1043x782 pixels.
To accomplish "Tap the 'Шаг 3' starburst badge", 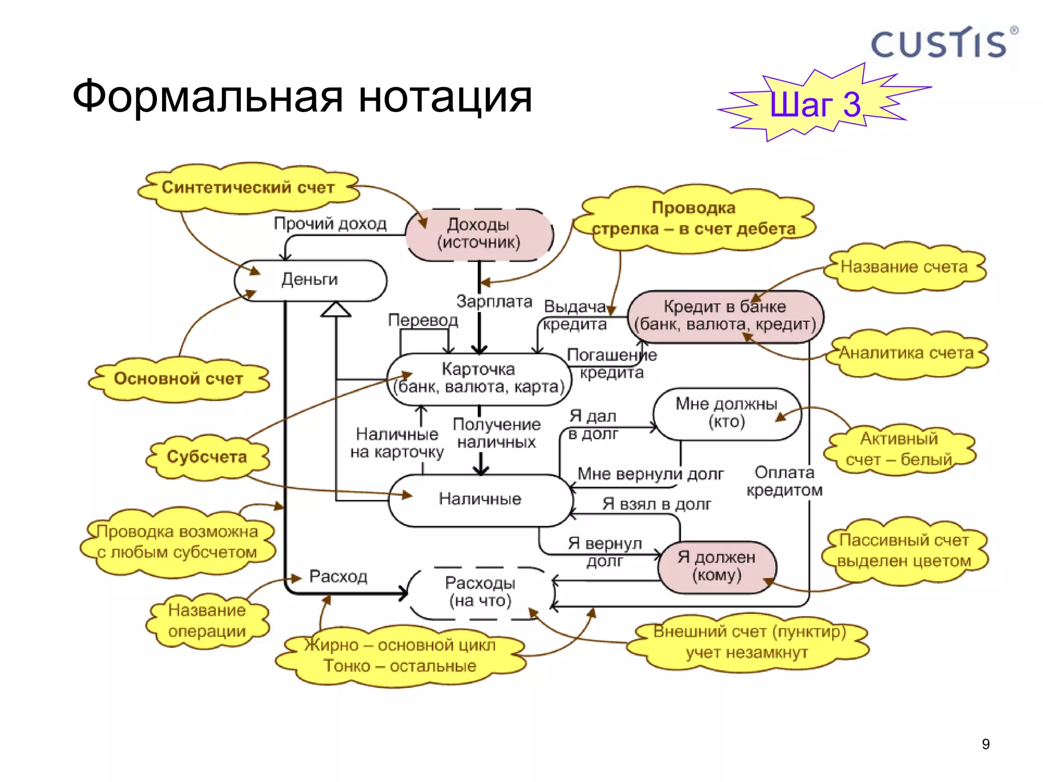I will tap(815, 104).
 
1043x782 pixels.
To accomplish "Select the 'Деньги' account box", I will tap(310, 280).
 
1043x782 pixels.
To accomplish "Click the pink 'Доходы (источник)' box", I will tap(479, 234).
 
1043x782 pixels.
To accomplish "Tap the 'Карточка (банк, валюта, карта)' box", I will tap(479, 378).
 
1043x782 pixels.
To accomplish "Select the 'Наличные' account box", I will tap(480, 499).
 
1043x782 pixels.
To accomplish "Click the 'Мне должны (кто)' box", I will tap(727, 413).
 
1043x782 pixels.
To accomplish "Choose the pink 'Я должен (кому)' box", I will tap(717, 566).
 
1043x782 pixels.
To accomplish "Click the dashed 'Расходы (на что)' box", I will tap(480, 592).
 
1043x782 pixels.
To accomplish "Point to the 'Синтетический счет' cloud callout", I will tap(248, 187).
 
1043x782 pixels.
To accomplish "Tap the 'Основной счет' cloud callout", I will tap(178, 379).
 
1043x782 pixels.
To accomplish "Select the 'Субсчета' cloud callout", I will tap(207, 457).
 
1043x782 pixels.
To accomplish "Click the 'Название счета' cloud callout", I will tap(904, 267).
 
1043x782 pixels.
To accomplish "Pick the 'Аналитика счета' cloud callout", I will tap(906, 353).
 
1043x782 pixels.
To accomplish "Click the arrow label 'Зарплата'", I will tap(494, 301).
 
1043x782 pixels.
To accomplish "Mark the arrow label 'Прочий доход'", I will tap(330, 224).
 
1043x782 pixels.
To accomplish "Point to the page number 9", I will tap(985, 744).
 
